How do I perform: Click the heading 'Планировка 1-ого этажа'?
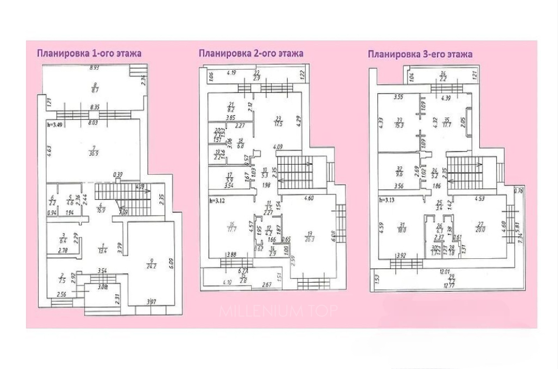pos(89,54)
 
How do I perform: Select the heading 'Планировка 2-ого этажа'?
pos(251,53)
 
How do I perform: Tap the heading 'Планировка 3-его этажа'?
pos(420,54)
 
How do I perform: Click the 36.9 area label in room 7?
pos(93,153)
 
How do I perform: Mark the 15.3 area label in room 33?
pos(399,126)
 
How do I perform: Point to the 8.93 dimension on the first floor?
pos(94,68)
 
